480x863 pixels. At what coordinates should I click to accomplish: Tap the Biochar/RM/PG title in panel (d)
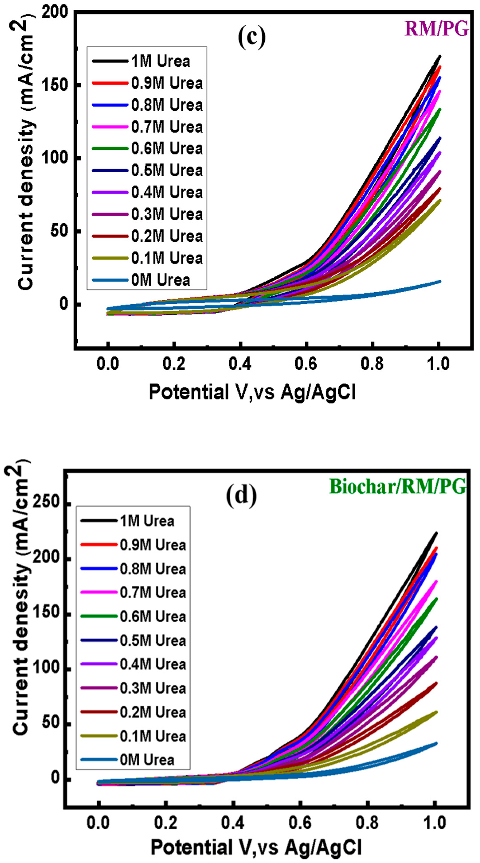[398, 487]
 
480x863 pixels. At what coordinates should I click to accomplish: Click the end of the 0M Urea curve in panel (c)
[440, 281]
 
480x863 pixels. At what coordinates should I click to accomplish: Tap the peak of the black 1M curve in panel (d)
[436, 533]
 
